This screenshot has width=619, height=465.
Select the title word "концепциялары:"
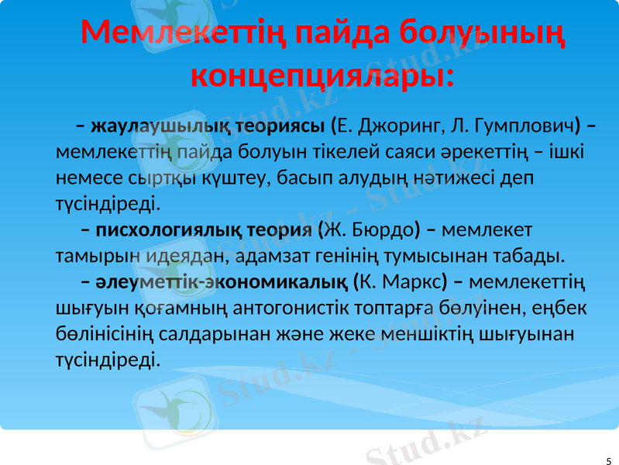click(x=322, y=77)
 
